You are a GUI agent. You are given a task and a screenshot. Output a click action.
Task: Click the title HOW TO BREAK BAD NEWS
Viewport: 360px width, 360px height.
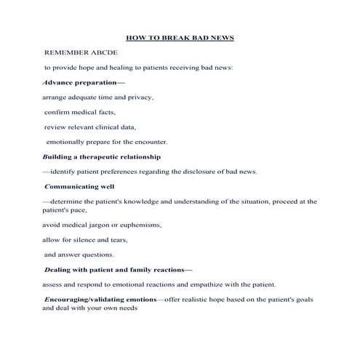pos(180,37)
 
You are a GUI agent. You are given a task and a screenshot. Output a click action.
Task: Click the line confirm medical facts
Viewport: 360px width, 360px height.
pos(78,112)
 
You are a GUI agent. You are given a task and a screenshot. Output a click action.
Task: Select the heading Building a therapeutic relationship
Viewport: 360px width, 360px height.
pos(102,156)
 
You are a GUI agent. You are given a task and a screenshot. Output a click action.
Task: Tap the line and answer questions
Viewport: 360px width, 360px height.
pos(79,255)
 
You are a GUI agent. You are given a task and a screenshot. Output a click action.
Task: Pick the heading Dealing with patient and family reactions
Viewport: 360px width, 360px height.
pos(116,269)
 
